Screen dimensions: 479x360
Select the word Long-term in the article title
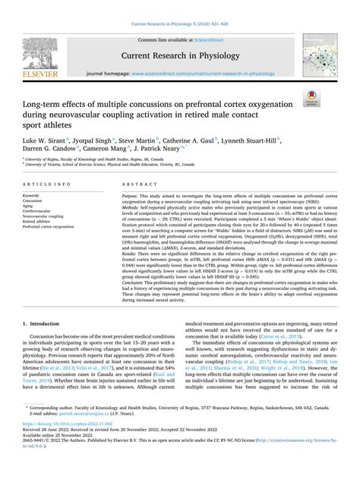pos(48,99)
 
